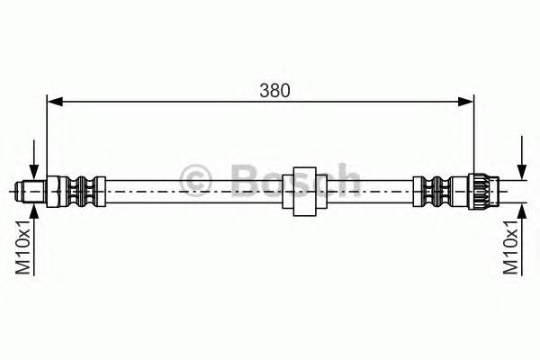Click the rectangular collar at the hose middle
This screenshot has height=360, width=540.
pyautogui.click(x=304, y=190)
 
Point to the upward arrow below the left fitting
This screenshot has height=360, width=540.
pyautogui.click(x=33, y=212)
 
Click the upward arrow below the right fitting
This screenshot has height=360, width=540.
pyautogui.click(x=521, y=212)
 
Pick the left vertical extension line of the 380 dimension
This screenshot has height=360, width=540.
pyautogui.click(x=47, y=135)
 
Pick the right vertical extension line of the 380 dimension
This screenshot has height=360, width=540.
pyautogui.click(x=473, y=135)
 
